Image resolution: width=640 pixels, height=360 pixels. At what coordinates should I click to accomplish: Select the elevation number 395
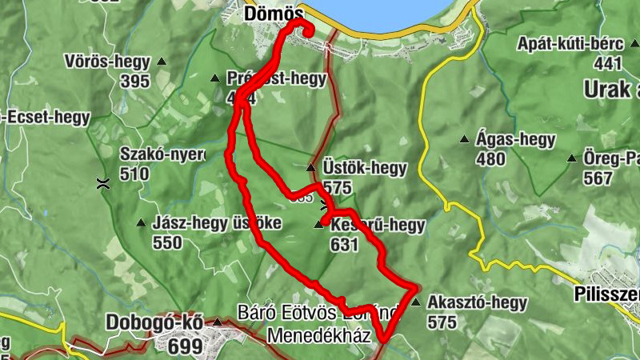(135, 81)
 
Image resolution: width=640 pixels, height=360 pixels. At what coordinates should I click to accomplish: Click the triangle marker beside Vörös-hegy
(162, 62)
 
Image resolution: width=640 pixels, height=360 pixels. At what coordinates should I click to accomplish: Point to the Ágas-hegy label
(515, 139)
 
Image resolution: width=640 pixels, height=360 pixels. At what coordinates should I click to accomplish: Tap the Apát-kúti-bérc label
(569, 43)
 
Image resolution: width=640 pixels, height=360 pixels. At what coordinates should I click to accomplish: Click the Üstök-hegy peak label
(364, 169)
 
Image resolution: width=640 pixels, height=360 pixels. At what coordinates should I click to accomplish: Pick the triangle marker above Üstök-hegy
(310, 167)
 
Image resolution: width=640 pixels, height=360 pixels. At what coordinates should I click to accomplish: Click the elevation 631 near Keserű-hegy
(344, 245)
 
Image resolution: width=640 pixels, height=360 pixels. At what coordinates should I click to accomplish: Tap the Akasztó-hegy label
(477, 302)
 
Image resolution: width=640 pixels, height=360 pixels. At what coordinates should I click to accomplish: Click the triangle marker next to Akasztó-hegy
(415, 302)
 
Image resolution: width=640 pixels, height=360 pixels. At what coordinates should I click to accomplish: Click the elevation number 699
(185, 346)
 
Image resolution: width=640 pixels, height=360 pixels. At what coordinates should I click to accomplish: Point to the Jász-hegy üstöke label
(216, 223)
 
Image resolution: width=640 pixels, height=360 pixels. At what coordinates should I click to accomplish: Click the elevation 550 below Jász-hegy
(166, 243)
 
